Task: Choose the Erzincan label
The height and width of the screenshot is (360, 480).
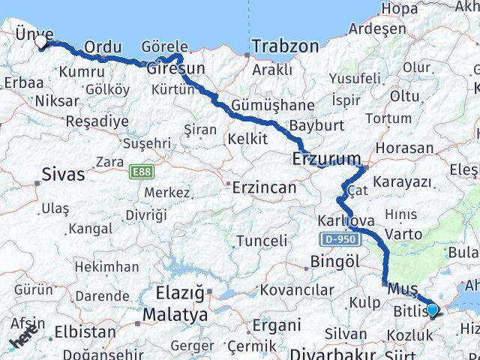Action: (264, 187)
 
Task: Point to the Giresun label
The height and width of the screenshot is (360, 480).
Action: (175, 70)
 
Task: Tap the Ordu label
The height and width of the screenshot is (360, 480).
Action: (103, 47)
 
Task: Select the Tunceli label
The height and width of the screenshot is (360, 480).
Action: (262, 241)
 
